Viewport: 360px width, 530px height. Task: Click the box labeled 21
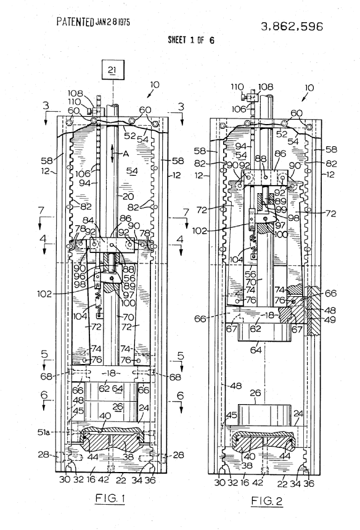point(112,70)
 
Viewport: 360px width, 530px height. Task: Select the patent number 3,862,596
point(292,27)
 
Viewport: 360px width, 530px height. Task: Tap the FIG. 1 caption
point(110,499)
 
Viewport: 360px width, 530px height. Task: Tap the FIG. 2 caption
point(267,500)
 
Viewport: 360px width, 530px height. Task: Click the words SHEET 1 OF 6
point(191,40)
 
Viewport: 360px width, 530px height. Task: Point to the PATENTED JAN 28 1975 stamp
point(93,22)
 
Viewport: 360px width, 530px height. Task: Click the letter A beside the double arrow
point(126,154)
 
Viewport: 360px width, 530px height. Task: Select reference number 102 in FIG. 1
point(44,294)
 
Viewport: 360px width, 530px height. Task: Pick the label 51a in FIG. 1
point(44,432)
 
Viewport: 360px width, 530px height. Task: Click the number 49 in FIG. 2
point(330,320)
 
